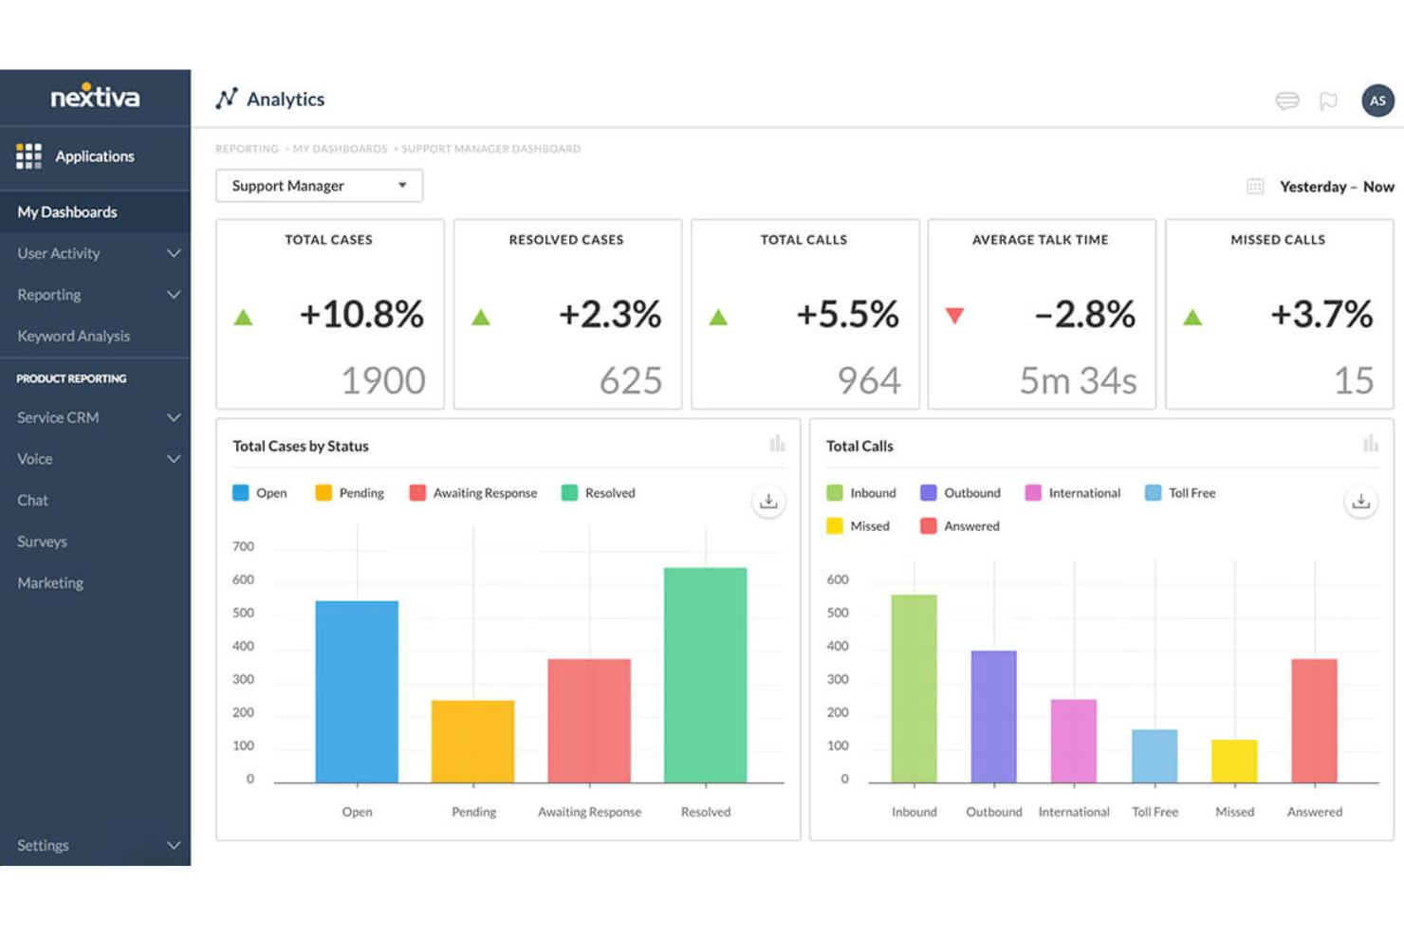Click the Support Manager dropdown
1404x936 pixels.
coord(319,186)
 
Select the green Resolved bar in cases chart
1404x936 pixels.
coord(705,675)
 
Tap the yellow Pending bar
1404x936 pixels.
coord(472,742)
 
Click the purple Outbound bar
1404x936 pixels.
coord(993,717)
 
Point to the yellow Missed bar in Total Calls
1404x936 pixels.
coord(1234,762)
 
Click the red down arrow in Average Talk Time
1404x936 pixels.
coord(954,316)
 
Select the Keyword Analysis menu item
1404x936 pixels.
coord(74,336)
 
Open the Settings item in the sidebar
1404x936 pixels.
coord(44,845)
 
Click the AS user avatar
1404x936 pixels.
coord(1377,101)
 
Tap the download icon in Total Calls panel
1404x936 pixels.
coord(1360,502)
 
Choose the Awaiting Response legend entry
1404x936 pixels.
coord(473,493)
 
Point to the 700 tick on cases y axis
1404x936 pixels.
coord(243,546)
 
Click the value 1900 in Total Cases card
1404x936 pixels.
coord(383,380)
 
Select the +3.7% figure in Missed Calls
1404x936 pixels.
coord(1321,314)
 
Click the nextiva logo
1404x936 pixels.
coord(95,97)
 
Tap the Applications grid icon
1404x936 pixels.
coord(28,156)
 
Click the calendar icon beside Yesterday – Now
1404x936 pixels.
coord(1254,187)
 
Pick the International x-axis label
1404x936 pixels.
coord(1074,812)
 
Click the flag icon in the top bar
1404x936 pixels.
coord(1328,101)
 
